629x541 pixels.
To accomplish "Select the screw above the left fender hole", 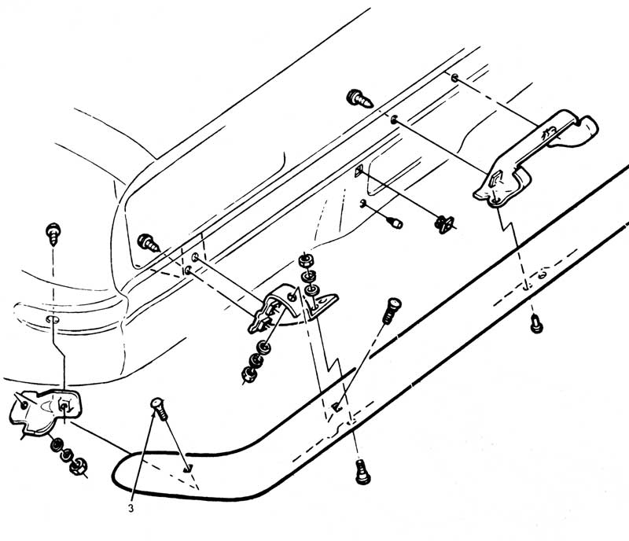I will pos(54,232).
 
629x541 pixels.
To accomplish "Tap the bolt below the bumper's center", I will pos(360,471).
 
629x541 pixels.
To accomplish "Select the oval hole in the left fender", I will pos(52,322).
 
